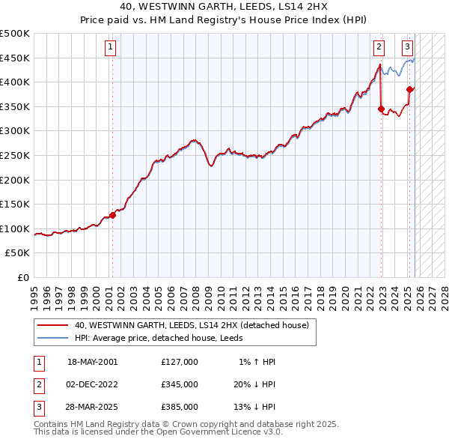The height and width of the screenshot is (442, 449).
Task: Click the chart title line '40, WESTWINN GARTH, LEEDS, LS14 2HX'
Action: coord(224,7)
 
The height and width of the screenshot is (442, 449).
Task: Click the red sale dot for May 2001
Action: coord(112,215)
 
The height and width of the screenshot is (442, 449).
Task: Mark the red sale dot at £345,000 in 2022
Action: coord(381,109)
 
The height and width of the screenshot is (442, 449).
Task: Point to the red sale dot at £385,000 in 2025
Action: coord(409,89)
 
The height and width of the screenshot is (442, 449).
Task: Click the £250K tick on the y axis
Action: coord(15,155)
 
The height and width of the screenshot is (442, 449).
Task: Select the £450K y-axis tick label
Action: coord(15,58)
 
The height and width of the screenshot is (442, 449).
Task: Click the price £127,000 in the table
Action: coord(180,361)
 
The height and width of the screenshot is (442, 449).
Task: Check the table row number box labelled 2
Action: coord(38,384)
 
